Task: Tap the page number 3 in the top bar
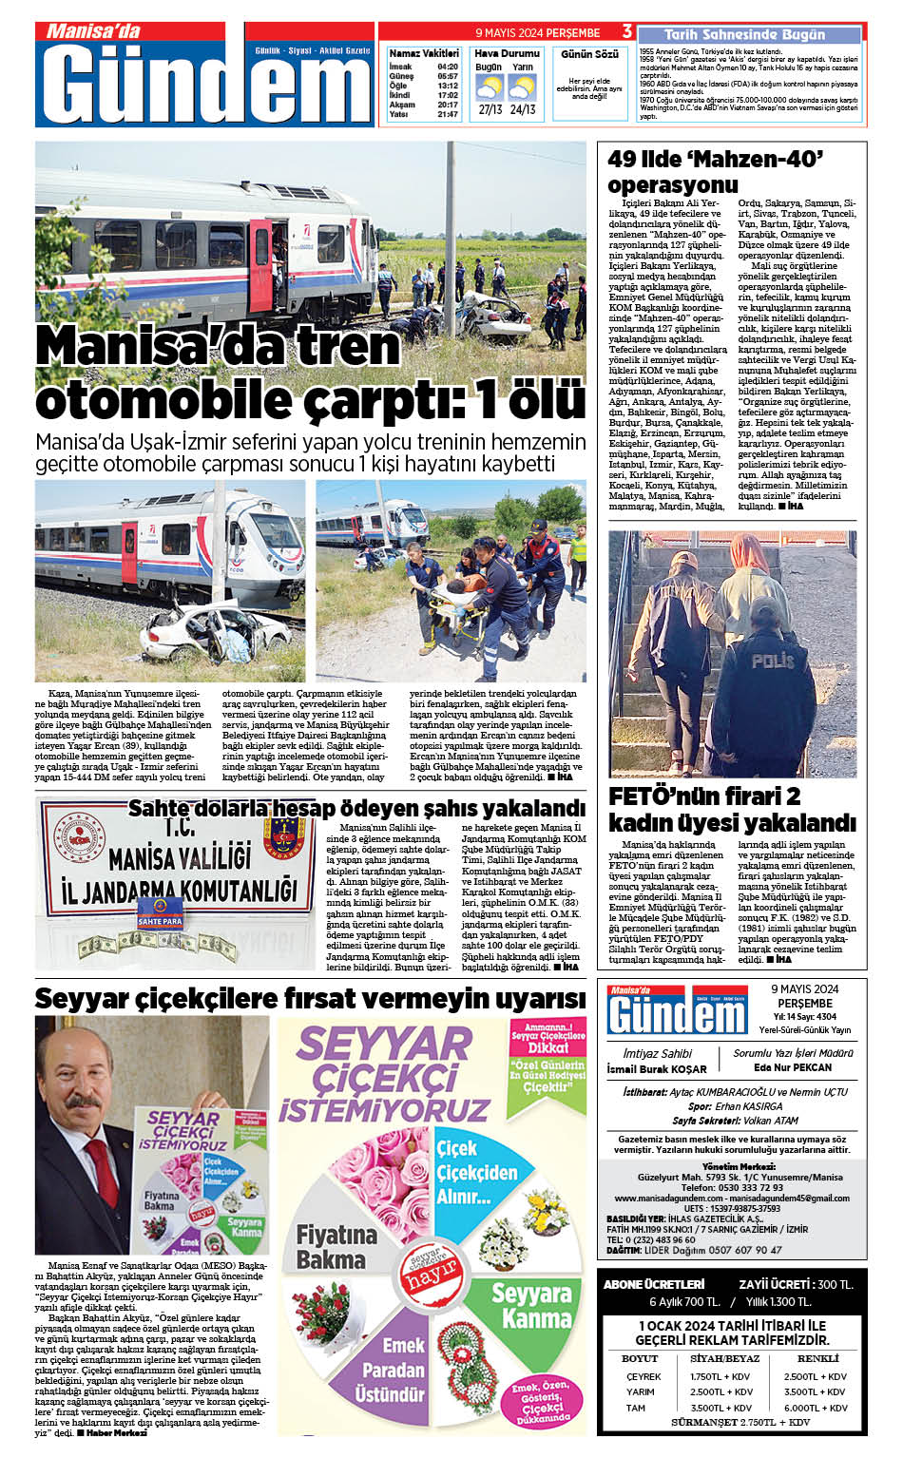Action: point(627,32)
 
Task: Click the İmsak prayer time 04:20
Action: point(448,67)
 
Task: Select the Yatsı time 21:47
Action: point(448,114)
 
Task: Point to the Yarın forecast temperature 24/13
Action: point(523,109)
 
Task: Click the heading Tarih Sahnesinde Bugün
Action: point(744,34)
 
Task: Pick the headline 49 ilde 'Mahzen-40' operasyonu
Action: point(715,171)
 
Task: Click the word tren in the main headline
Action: point(349,345)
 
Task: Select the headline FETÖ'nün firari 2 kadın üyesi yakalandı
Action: point(732,809)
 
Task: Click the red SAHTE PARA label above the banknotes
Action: point(160,921)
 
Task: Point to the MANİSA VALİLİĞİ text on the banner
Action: point(180,858)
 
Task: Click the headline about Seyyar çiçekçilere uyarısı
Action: point(310,999)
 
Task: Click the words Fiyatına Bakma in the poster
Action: point(336,1247)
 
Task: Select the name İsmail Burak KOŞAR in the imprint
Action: point(657,1068)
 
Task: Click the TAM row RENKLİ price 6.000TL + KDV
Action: point(815,1408)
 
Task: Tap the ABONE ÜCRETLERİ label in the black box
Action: point(653,1284)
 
